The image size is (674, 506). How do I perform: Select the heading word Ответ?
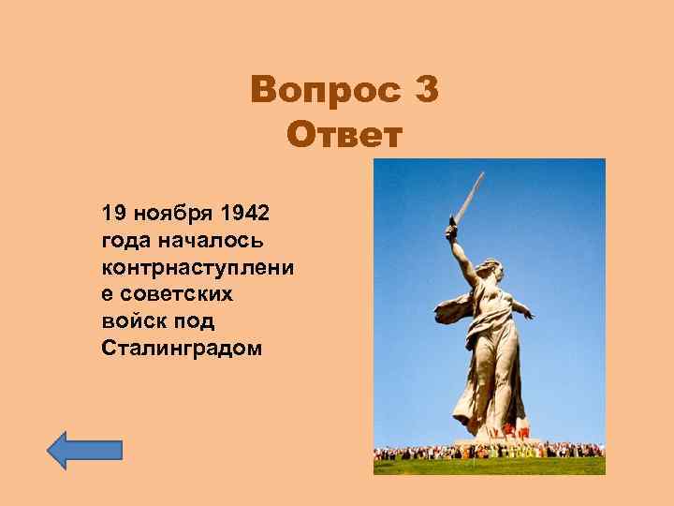coord(344,136)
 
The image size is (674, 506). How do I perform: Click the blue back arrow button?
coord(84,450)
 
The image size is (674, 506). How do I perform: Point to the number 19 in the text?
coord(118,212)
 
